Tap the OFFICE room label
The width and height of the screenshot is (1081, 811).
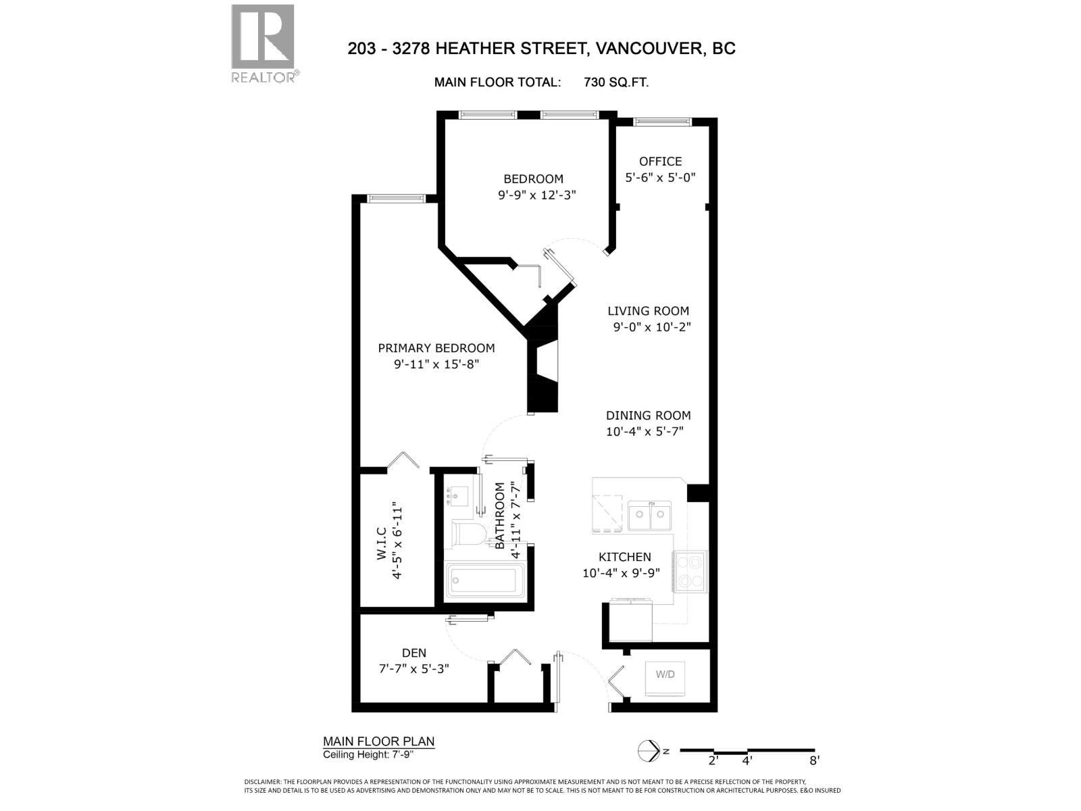pos(660,162)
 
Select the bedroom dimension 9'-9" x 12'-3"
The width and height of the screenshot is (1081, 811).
pos(537,195)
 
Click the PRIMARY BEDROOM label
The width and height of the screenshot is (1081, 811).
pos(436,348)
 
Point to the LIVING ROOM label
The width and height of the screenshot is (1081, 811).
pos(648,311)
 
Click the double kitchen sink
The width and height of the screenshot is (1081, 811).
pos(649,516)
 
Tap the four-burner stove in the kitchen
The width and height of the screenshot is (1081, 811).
pos(690,571)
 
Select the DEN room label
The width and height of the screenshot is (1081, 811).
pos(414,653)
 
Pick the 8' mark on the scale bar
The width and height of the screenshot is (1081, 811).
pos(814,760)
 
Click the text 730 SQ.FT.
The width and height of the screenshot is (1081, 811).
pos(616,82)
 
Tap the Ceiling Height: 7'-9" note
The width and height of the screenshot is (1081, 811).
pos(368,755)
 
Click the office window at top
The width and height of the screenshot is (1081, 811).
pos(662,122)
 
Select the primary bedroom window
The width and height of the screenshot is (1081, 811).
pos(395,198)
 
